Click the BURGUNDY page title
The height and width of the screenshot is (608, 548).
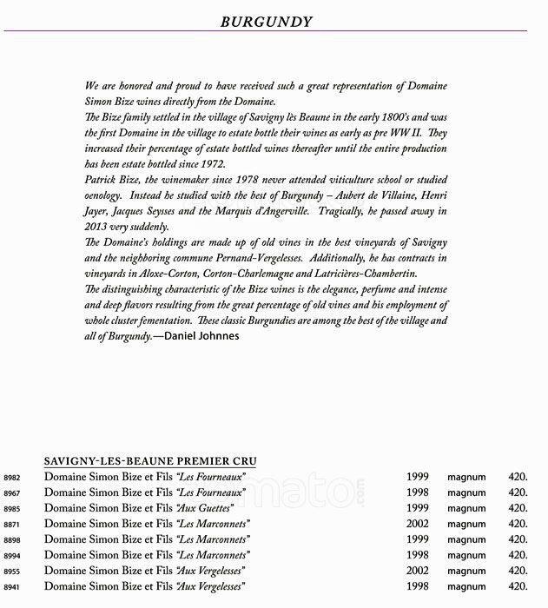tap(274, 21)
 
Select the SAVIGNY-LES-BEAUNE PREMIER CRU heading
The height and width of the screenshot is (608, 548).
tap(150, 460)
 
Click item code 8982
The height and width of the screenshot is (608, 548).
tap(12, 478)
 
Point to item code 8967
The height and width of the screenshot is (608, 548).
tap(12, 493)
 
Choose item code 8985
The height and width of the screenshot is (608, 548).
tap(12, 509)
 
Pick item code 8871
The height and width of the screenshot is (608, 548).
tap(12, 525)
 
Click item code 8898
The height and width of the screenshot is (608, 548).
tap(12, 540)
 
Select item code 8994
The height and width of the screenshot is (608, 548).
tap(12, 556)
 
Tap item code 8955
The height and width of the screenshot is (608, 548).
tap(12, 572)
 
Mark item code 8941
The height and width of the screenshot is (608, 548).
tap(12, 587)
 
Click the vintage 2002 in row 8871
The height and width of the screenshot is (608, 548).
tap(419, 524)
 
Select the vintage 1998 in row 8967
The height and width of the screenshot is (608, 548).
tap(419, 492)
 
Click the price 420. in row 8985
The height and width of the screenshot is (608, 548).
tap(518, 508)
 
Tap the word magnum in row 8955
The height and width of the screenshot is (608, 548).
tap(466, 571)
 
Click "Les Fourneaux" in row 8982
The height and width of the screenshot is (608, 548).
tap(211, 477)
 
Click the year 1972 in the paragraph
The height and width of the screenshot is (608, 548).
tap(211, 164)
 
